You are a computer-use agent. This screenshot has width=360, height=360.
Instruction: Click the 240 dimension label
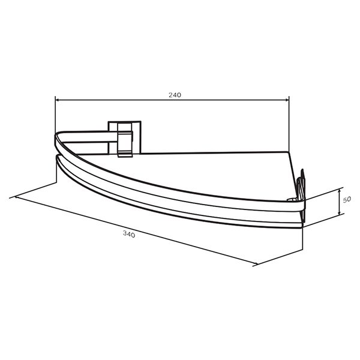pos(175,95)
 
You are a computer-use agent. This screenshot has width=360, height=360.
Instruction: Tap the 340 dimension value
pos(129,234)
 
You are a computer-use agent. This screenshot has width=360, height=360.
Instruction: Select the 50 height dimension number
pos(347,200)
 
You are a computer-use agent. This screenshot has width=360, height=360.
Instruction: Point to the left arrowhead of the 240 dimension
pos(58,100)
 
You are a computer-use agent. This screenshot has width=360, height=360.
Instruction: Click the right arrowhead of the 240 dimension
pos(287,100)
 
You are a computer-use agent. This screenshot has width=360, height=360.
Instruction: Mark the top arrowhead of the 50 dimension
pos(340,191)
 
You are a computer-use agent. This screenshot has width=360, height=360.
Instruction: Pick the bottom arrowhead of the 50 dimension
pos(340,213)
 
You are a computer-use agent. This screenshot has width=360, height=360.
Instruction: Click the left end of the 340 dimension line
pos(15,197)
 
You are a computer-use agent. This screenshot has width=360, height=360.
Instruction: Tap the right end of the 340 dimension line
pos(257,264)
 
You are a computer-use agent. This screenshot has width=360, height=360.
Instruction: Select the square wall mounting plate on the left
pos(125,137)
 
